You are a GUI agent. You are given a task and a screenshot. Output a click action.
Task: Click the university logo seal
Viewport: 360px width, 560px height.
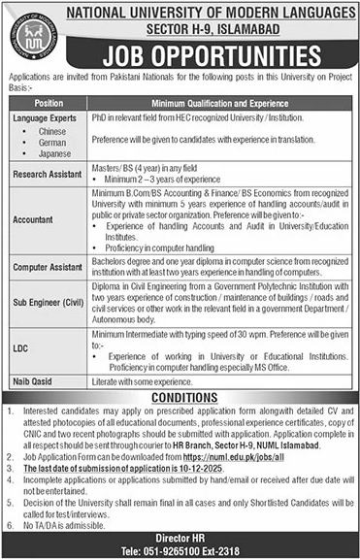[34, 36]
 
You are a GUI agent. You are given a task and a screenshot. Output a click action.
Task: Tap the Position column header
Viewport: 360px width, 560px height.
[49, 102]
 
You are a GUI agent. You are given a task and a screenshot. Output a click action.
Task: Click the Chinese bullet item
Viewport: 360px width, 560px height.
[52, 130]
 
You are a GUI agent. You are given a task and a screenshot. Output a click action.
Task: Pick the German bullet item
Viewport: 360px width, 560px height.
[52, 142]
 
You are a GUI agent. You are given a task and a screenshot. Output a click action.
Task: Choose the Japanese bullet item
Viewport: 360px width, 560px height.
[54, 153]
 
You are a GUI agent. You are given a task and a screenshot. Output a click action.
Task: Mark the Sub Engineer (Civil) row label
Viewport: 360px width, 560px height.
[49, 301]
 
